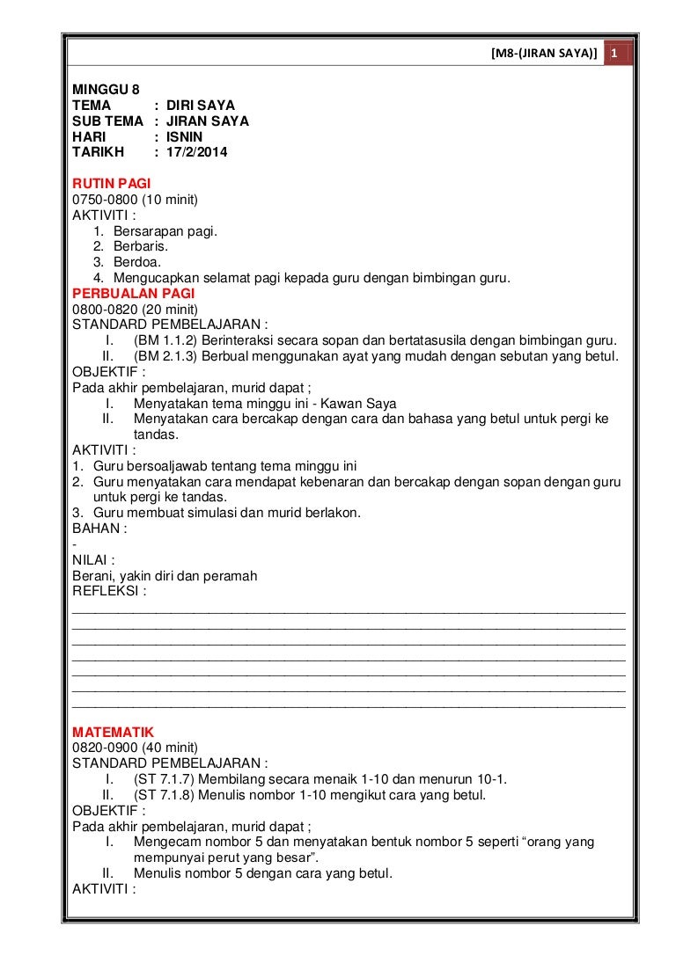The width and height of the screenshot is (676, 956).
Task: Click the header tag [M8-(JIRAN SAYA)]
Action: (x=544, y=55)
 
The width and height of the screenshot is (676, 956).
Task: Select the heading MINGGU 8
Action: (x=106, y=89)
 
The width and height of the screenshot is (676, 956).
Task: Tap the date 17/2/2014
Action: (x=197, y=152)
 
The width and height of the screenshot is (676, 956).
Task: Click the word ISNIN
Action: (x=185, y=136)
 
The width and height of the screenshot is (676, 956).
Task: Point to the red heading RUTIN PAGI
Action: (x=111, y=184)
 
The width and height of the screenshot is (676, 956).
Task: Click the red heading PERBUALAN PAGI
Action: (x=133, y=294)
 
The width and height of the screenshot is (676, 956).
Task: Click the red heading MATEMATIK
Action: (x=113, y=732)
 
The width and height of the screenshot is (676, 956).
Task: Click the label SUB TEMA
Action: (x=107, y=120)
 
